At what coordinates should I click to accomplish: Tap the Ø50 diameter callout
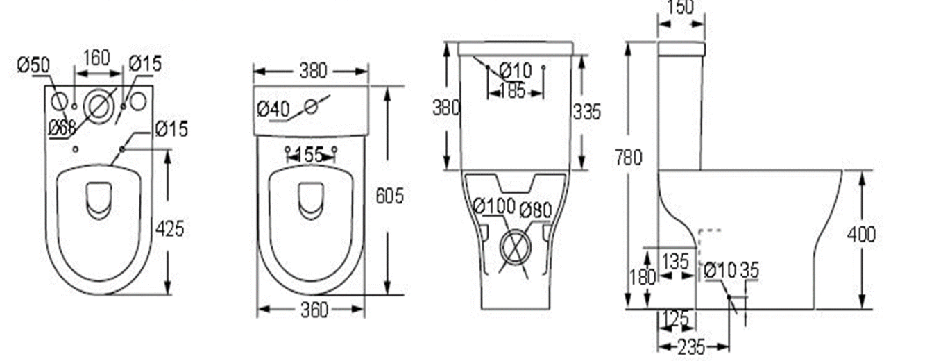33,65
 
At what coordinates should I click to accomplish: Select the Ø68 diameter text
62,127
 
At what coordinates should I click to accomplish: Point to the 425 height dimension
169,228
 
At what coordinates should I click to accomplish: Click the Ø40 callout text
273,109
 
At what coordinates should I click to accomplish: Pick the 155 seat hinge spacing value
309,155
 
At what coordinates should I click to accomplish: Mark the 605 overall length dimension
389,196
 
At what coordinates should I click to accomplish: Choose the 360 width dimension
314,310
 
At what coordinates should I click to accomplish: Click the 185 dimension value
512,90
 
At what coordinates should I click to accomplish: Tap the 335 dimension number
586,111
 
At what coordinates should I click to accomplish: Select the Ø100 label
494,206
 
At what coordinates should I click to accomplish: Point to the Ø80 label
535,209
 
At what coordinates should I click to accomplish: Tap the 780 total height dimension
628,158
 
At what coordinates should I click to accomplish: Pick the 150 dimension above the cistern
681,7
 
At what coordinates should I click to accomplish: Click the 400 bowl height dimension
861,234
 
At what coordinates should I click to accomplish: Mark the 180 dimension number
642,277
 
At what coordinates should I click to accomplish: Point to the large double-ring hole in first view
99,106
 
